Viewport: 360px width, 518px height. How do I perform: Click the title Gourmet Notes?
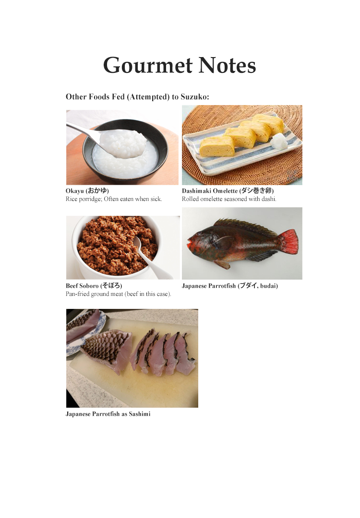pos(180,65)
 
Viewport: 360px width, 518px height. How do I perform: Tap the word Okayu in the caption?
pos(75,191)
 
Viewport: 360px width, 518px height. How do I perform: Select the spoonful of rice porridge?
pos(126,144)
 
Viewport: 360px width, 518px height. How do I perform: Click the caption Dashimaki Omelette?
pos(210,191)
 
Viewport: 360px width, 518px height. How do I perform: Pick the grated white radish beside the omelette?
pos(279,141)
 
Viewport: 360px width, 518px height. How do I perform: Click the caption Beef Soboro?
pos(82,286)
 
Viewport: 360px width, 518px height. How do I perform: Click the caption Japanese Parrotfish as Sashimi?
pos(108,414)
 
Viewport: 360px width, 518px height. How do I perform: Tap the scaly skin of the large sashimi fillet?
pos(102,346)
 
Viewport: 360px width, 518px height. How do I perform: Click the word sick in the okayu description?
pos(156,199)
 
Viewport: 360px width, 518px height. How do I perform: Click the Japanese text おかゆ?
pos(97,190)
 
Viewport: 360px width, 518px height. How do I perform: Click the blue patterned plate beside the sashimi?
pos(79,330)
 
